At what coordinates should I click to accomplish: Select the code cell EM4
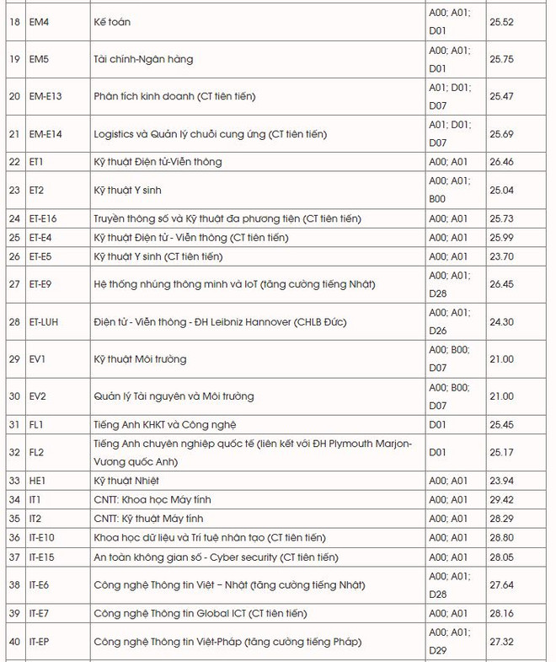pyautogui.click(x=40, y=21)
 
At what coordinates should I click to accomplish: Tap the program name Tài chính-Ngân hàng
pyautogui.click(x=143, y=59)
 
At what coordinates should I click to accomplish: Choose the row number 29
pyautogui.click(x=14, y=359)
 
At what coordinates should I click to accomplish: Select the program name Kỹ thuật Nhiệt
pyautogui.click(x=126, y=481)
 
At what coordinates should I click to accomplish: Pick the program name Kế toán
pyautogui.click(x=112, y=21)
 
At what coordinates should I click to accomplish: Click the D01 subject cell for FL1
pyautogui.click(x=437, y=424)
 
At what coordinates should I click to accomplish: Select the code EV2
pyautogui.click(x=37, y=396)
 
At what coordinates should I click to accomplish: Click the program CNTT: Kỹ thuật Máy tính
pyautogui.click(x=148, y=519)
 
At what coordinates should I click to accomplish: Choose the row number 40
pyautogui.click(x=14, y=642)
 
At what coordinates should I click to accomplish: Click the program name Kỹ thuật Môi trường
pyautogui.click(x=140, y=359)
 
